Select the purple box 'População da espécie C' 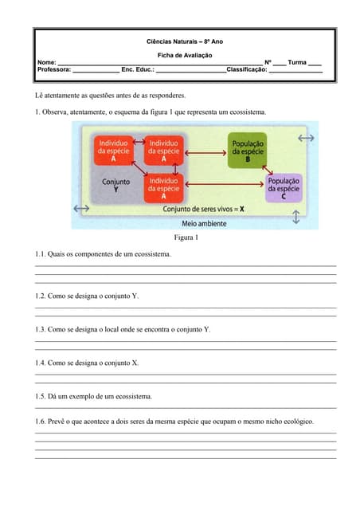coord(284,189)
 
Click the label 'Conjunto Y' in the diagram coord(116,186)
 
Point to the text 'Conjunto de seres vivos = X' coord(204,209)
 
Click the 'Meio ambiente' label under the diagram coord(204,223)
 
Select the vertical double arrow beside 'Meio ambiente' coord(295,217)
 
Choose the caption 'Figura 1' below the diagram coord(185,237)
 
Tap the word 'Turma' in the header coord(297,62)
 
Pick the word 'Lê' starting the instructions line coord(40,94)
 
